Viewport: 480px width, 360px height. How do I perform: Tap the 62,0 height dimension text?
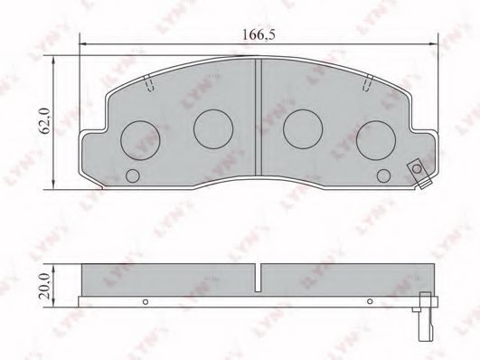42,120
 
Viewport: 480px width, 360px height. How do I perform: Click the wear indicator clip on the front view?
417,170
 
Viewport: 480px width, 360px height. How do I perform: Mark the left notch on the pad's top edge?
148,87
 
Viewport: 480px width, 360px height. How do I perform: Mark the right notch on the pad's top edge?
366,87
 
